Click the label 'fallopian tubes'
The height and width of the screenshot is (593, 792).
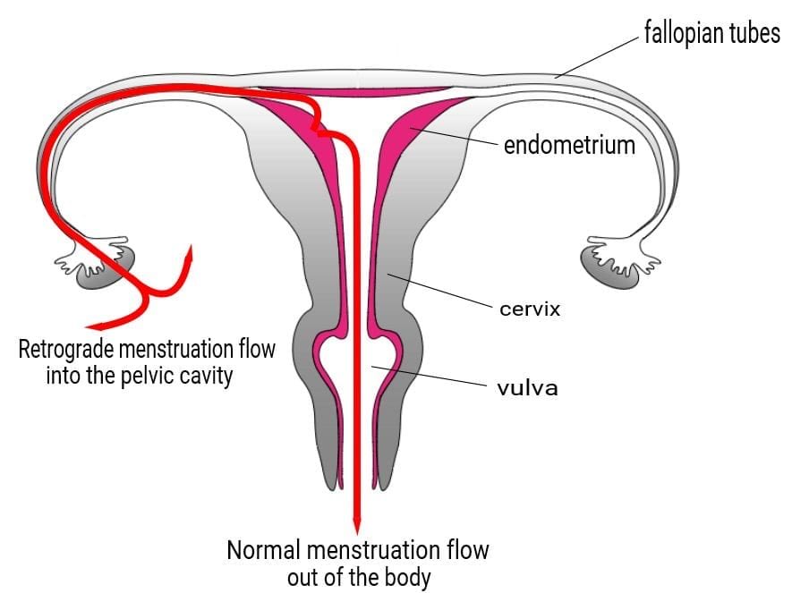pyautogui.click(x=711, y=34)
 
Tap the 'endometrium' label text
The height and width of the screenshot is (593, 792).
pyautogui.click(x=569, y=144)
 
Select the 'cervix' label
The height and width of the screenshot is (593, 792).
pyautogui.click(x=530, y=309)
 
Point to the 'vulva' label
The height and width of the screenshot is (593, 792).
pyautogui.click(x=527, y=388)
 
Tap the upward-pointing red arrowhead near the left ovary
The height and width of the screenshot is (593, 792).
pyautogui.click(x=189, y=253)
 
